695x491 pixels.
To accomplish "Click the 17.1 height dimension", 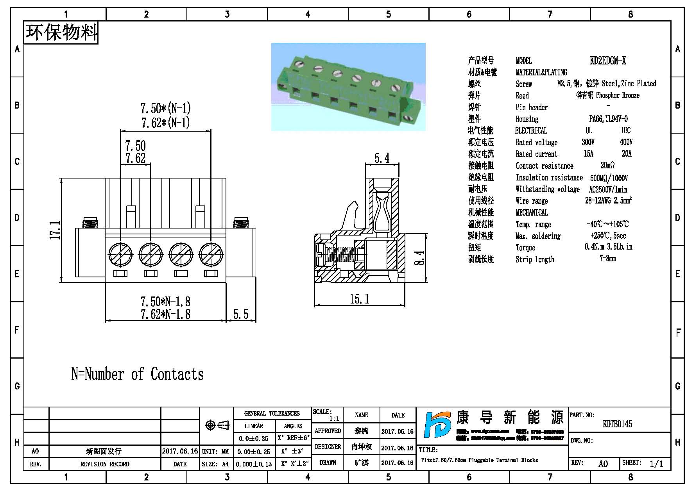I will click(55, 230).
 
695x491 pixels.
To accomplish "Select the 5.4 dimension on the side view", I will click(382, 158).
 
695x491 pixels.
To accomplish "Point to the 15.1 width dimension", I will click(360, 299).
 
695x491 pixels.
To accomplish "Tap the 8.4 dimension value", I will click(419, 258).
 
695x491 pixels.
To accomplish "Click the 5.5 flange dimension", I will click(241, 314).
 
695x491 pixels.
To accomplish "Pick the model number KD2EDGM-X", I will click(608, 61).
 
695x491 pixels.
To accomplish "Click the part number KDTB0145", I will click(617, 424).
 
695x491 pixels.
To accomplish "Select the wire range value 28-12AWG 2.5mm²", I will click(608, 201).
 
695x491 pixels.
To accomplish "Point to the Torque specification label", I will click(525, 248).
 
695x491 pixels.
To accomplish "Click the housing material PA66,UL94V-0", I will click(608, 119).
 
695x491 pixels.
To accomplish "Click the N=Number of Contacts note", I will click(138, 374).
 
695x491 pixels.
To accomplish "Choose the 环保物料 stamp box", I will click(61, 33).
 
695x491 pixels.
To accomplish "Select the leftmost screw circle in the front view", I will click(120, 254).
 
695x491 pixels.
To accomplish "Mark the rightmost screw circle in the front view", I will click(211, 254).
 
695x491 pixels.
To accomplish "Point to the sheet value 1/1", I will click(656, 464).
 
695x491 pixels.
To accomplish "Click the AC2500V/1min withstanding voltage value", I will click(608, 190).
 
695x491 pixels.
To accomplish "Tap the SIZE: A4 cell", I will click(215, 464).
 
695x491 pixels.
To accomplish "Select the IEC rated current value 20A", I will click(627, 154).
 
